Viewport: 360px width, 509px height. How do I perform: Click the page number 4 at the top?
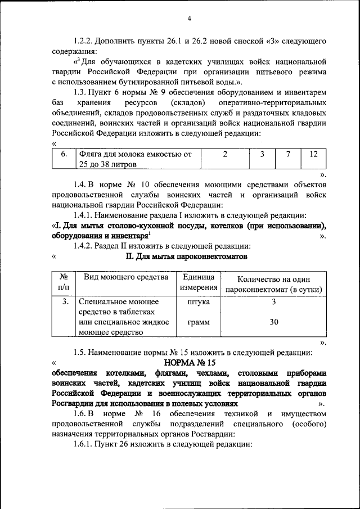click(x=189, y=19)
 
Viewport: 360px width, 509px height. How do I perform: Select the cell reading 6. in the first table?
click(x=64, y=154)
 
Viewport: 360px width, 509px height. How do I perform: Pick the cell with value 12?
click(x=313, y=154)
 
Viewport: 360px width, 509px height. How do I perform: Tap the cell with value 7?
click(x=287, y=154)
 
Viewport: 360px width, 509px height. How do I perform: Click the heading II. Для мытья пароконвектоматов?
click(x=186, y=256)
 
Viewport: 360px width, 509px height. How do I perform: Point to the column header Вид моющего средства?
click(x=126, y=277)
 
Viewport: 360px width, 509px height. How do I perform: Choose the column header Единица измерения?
click(x=199, y=283)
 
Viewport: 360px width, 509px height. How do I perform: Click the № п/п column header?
click(x=64, y=282)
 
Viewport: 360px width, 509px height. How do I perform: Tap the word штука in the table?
click(x=198, y=302)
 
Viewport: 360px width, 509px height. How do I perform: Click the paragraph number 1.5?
click(x=82, y=352)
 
